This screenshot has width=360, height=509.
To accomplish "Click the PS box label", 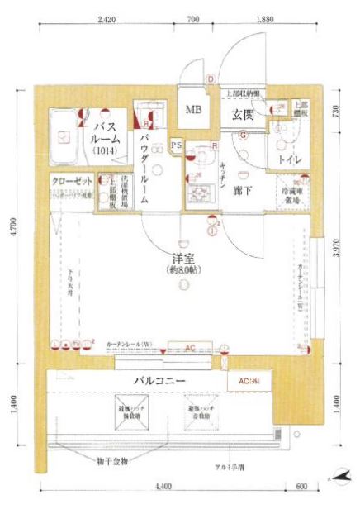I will (176, 146).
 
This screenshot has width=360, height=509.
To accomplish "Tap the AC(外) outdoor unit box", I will (249, 381).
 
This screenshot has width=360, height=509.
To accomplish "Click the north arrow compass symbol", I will (339, 477).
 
